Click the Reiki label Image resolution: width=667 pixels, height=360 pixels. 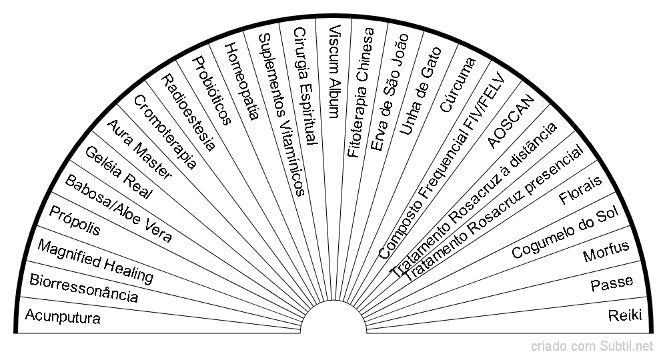click(x=625, y=315)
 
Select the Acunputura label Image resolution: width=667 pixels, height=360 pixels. click(x=63, y=317)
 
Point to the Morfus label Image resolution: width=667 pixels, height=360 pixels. click(x=606, y=251)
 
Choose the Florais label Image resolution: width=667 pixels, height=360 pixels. click(x=581, y=189)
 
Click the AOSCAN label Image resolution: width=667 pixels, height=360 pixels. click(x=510, y=121)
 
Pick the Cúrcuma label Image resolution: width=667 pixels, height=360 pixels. click(x=458, y=85)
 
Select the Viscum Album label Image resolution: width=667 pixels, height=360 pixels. click(x=335, y=71)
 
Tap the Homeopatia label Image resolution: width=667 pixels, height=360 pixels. click(x=241, y=81)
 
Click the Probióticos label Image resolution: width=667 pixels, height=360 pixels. click(x=212, y=91)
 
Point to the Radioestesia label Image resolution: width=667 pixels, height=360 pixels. click(x=188, y=113)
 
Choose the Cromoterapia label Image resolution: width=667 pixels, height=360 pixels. click(x=165, y=132)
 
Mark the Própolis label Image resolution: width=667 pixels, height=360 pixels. click(x=75, y=221)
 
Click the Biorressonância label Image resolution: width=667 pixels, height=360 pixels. click(x=84, y=288)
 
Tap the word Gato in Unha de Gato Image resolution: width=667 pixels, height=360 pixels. click(x=432, y=68)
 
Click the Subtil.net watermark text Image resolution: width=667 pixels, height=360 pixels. click(x=626, y=347)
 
